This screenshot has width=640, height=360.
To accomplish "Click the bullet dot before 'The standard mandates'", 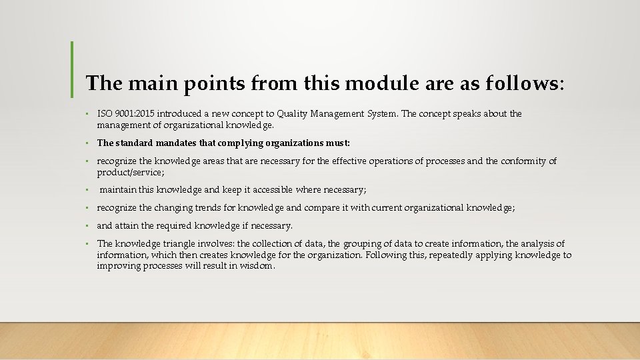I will click(87, 143).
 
